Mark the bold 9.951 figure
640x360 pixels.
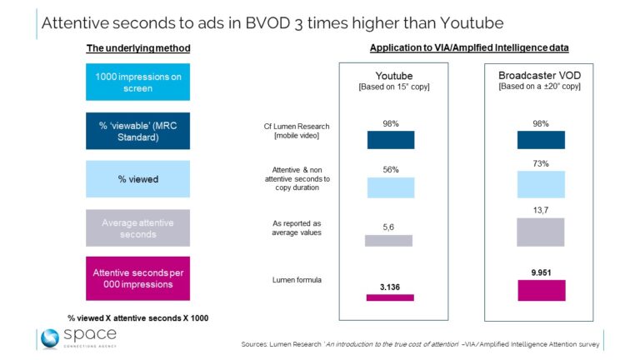[x=541, y=270]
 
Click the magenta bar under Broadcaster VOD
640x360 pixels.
[x=541, y=290]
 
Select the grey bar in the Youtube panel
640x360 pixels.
[x=389, y=240]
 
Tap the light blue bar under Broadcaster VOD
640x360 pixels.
[x=541, y=184]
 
